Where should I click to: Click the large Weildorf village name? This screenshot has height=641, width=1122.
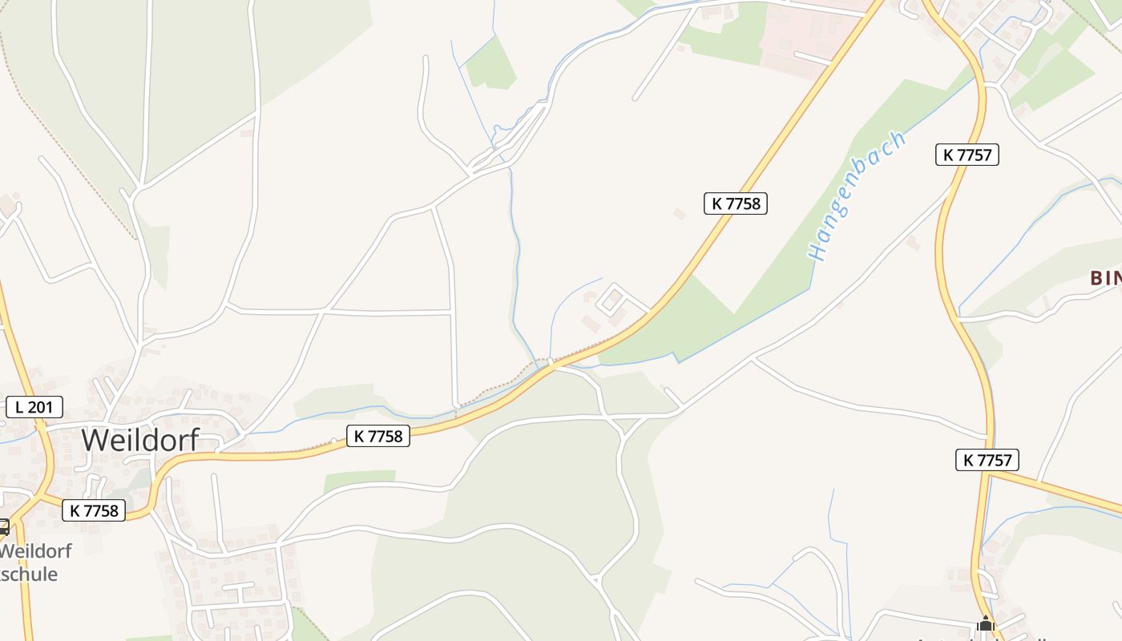pos(139,440)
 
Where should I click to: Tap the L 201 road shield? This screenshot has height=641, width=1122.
pos(34,407)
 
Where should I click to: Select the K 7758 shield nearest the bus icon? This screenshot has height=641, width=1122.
pos(94,510)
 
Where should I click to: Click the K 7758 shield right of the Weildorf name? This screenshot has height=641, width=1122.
pos(378,436)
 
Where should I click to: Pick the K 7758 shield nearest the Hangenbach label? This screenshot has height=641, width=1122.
pos(736,204)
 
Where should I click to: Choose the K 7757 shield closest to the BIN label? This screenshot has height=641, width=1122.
pos(967,155)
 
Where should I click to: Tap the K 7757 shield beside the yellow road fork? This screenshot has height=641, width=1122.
pos(987,460)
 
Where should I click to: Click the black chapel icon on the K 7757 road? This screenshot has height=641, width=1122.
pos(985,623)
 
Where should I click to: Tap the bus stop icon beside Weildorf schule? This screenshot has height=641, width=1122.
pos(3,526)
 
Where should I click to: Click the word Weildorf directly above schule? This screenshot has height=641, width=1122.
pos(35,551)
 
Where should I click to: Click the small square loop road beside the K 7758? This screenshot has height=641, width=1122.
pos(613,298)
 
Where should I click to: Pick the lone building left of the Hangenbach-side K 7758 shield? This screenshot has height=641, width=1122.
pos(680,214)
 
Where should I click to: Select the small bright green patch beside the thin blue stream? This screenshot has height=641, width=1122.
pos(491,63)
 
